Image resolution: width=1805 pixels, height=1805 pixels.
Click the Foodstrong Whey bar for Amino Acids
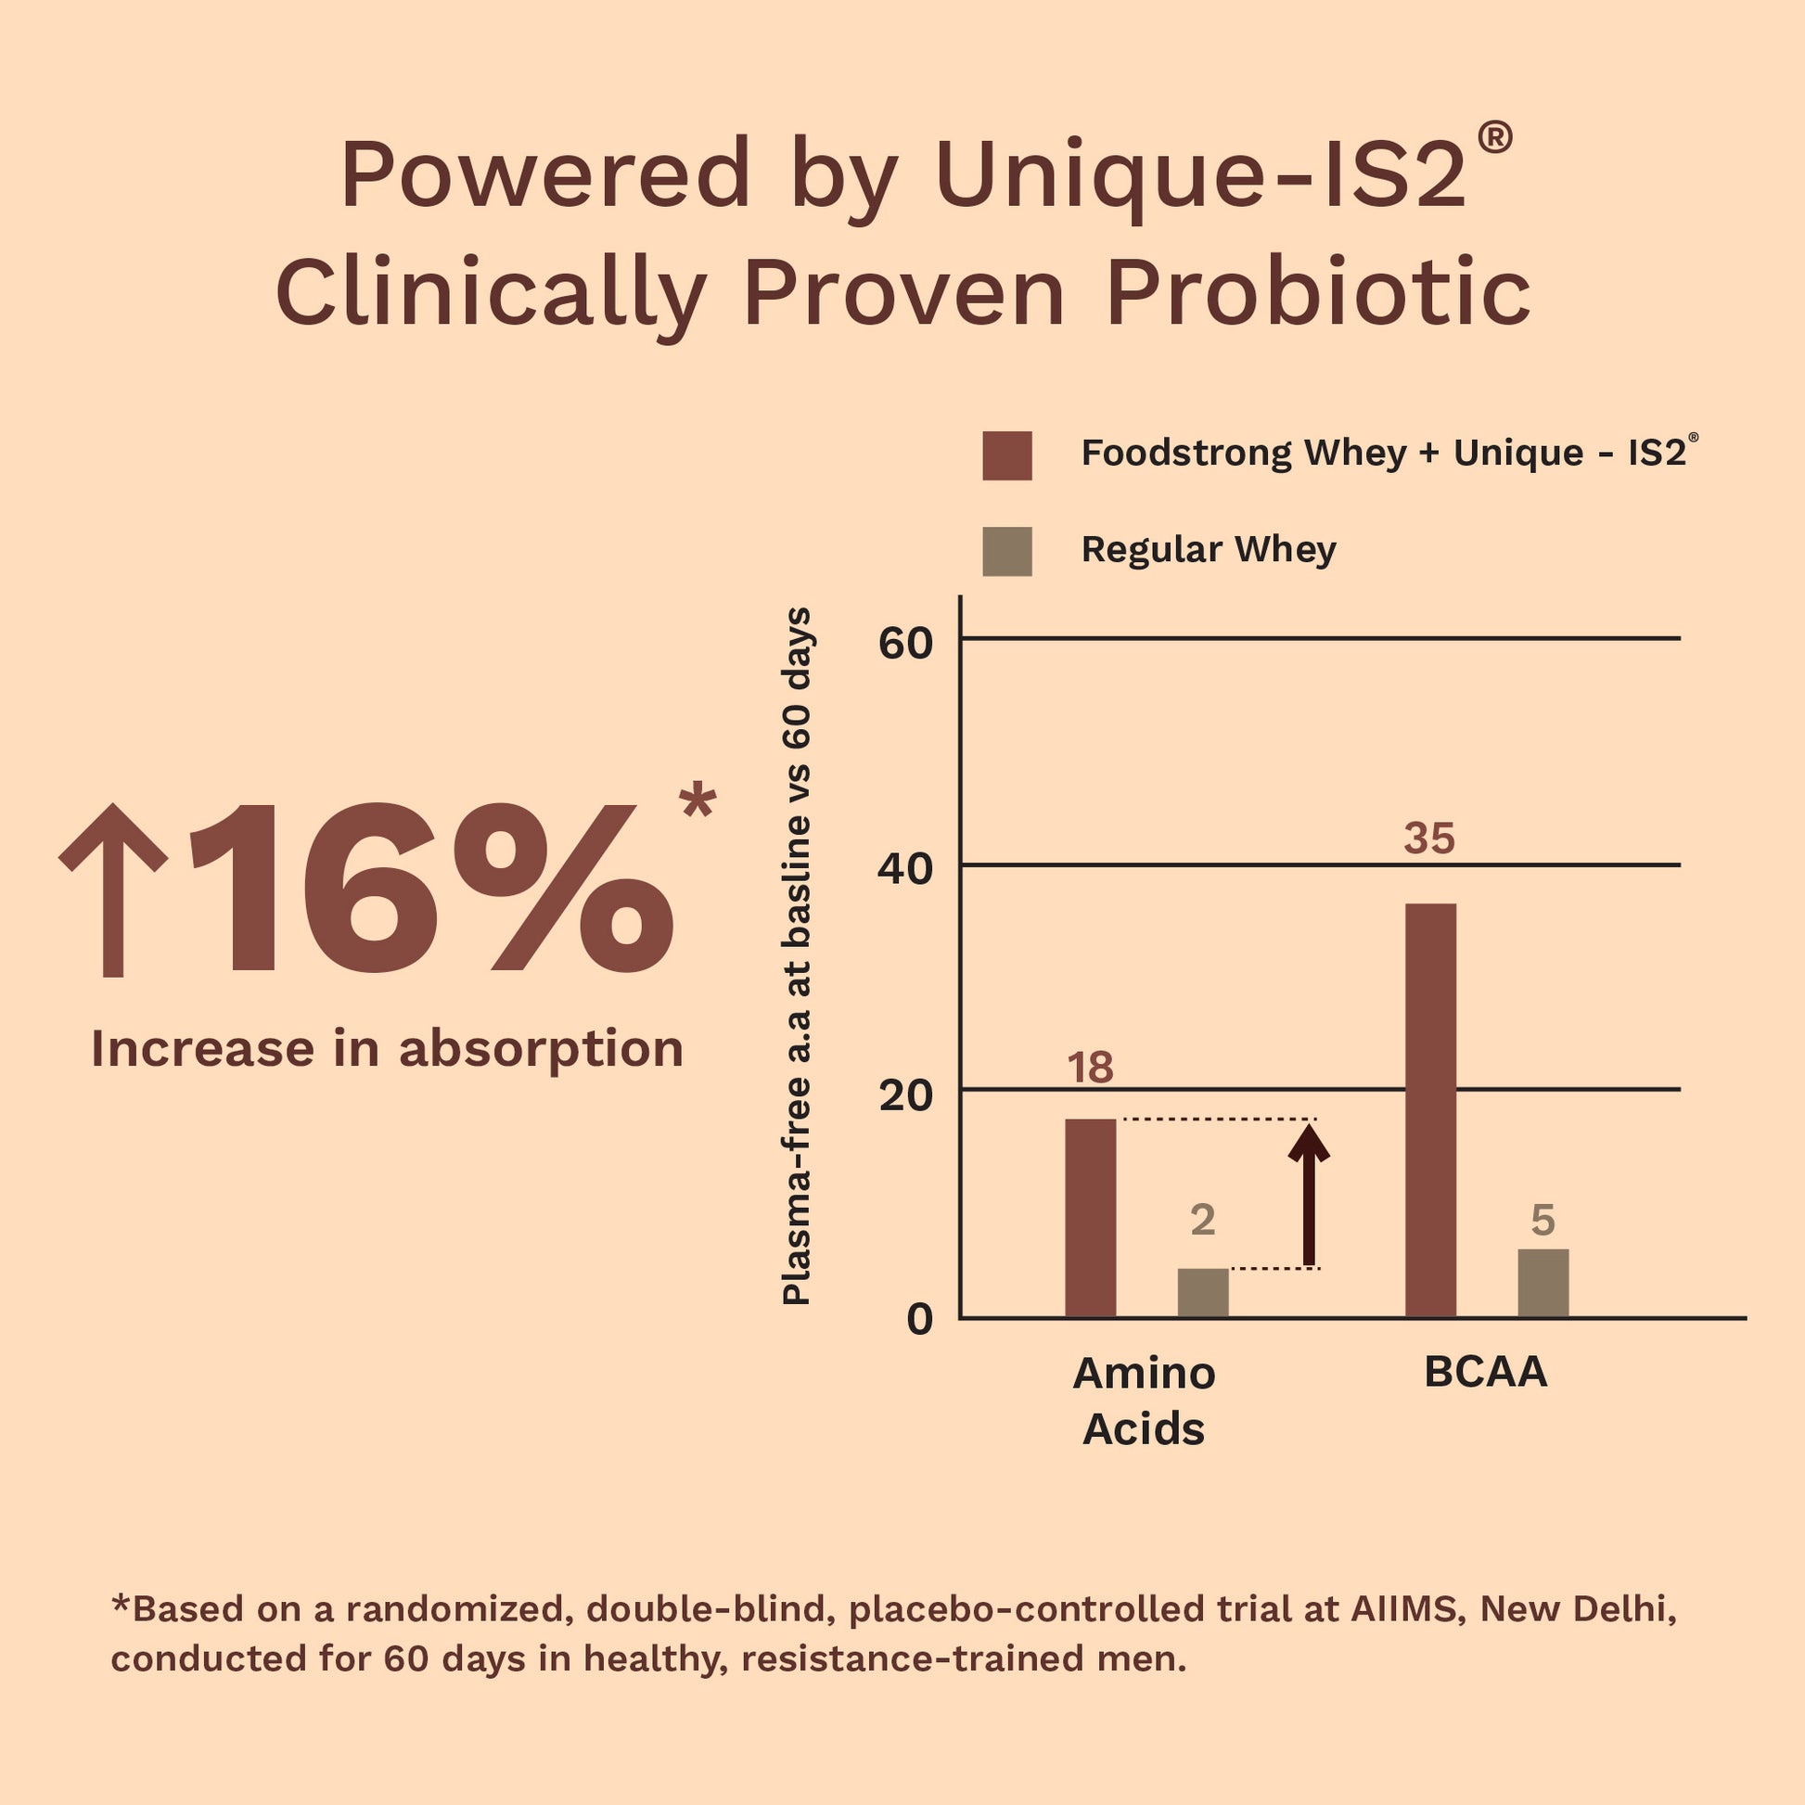[x=1090, y=1218]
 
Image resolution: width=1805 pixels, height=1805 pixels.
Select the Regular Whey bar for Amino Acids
[x=1202, y=1293]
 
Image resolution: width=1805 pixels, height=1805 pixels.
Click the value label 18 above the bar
[x=1090, y=1068]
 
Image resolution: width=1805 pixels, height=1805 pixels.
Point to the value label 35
[x=1429, y=838]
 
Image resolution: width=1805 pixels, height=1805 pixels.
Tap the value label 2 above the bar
[x=1202, y=1220]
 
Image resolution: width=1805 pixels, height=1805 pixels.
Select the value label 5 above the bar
[x=1543, y=1220]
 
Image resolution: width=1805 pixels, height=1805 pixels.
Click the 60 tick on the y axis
[x=905, y=644]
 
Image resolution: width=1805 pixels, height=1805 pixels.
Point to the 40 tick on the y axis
[x=905, y=870]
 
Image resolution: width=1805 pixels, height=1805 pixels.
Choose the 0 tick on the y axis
[x=919, y=1319]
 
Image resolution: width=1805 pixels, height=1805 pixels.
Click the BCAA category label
[x=1486, y=1373]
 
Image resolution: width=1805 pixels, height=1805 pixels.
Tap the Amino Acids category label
[x=1144, y=1401]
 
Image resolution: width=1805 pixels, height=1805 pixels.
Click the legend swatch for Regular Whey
[x=1007, y=551]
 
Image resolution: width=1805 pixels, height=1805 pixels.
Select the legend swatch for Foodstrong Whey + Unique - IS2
[x=1007, y=456]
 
